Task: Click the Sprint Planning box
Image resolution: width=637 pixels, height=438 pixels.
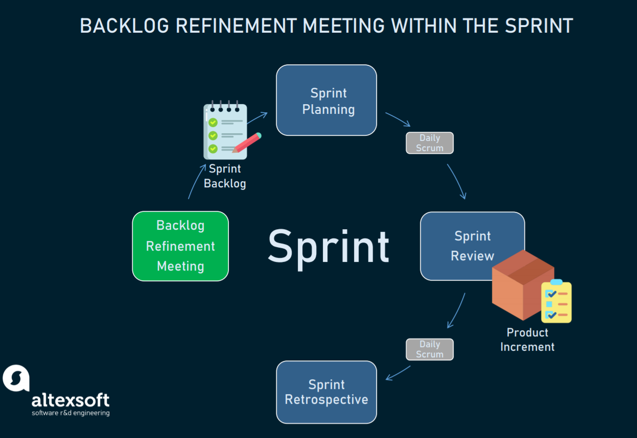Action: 326,100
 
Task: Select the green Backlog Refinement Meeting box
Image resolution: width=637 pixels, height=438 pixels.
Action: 180,246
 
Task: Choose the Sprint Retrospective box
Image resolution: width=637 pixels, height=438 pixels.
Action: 326,392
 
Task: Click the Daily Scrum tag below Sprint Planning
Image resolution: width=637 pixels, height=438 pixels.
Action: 430,143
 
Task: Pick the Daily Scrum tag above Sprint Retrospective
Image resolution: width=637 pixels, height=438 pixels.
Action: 430,349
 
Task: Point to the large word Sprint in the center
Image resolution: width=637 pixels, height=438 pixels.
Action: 328,247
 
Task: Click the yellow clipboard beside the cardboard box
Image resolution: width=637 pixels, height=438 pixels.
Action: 556,302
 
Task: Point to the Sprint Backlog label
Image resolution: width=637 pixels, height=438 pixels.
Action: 225,176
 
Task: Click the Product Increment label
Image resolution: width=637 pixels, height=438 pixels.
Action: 527,339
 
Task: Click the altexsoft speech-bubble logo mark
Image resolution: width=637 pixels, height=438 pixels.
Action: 16,378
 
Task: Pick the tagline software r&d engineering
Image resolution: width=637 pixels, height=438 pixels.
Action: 70,413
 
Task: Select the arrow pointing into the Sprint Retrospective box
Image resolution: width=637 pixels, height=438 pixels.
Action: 398,373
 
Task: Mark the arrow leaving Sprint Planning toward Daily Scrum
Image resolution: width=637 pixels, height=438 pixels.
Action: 398,119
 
